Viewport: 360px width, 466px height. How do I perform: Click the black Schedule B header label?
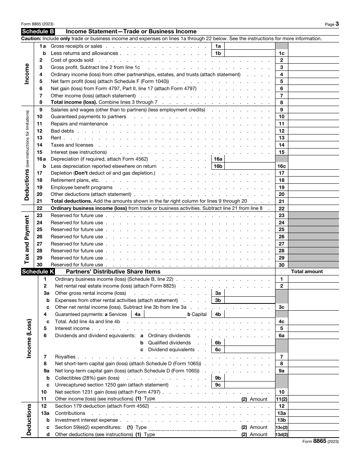pos(38,31)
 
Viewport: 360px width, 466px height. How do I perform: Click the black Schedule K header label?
pos(38,272)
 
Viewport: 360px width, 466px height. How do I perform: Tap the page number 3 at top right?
pos(337,24)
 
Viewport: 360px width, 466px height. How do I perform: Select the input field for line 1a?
pos(250,46)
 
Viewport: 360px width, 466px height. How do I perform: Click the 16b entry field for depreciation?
pos(250,166)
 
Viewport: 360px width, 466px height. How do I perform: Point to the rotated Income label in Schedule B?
pos(27,74)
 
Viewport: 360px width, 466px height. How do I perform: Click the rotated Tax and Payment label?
pos(27,240)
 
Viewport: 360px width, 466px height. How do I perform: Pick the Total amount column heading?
pos(307,272)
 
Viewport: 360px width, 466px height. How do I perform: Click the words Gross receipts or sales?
pos(71,46)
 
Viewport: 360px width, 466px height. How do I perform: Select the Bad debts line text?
pos(62,131)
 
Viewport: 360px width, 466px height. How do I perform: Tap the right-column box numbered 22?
pos(282,209)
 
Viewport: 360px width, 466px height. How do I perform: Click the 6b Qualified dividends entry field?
pos(250,343)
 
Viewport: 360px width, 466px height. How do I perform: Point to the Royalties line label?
pos(65,357)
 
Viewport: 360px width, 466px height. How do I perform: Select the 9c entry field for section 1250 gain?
pos(250,385)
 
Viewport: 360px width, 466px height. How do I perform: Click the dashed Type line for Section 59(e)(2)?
pos(193,428)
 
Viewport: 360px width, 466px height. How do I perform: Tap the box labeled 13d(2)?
pos(282,435)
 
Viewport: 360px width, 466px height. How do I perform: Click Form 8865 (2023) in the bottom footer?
pos(321,441)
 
